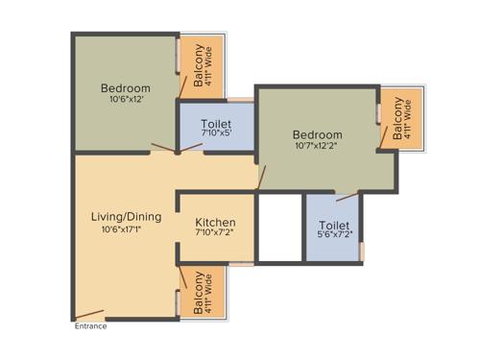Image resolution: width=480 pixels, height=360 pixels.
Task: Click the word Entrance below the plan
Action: coord(91,326)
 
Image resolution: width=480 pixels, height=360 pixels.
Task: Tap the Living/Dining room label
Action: coord(126,217)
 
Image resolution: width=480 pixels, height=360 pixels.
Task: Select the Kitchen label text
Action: coord(216,223)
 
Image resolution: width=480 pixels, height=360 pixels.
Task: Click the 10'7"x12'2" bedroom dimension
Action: coord(317,147)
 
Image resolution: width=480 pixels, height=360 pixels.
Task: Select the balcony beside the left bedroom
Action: coord(204,66)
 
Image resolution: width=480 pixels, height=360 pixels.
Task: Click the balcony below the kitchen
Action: coord(204,292)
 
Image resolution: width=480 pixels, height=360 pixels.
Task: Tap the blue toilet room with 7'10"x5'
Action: coord(216,128)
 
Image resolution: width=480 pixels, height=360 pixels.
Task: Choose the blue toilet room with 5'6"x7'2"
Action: coord(333,228)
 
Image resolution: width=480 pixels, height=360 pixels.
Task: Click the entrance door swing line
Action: coord(92,313)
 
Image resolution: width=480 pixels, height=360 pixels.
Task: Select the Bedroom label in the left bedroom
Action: coord(126,89)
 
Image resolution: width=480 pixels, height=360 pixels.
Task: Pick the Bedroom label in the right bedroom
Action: coord(317,135)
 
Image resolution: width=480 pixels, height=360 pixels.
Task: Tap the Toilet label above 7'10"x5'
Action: coord(216,125)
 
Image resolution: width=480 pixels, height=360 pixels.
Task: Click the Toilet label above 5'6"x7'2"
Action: coord(334,226)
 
